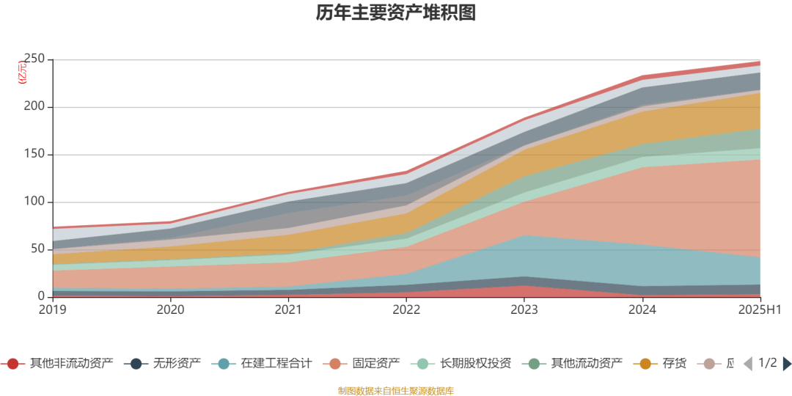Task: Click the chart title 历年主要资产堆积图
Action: point(396,13)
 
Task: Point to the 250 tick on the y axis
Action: point(34,59)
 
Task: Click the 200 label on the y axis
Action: point(34,106)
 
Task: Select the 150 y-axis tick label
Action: point(34,154)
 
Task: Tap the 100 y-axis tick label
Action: point(34,202)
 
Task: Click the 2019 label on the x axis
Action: point(53,309)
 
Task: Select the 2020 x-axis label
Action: point(171,309)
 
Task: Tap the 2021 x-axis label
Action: point(288,309)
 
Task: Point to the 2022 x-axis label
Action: point(406,309)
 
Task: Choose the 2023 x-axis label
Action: point(524,309)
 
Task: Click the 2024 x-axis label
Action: point(642,309)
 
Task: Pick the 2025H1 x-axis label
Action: point(760,309)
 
